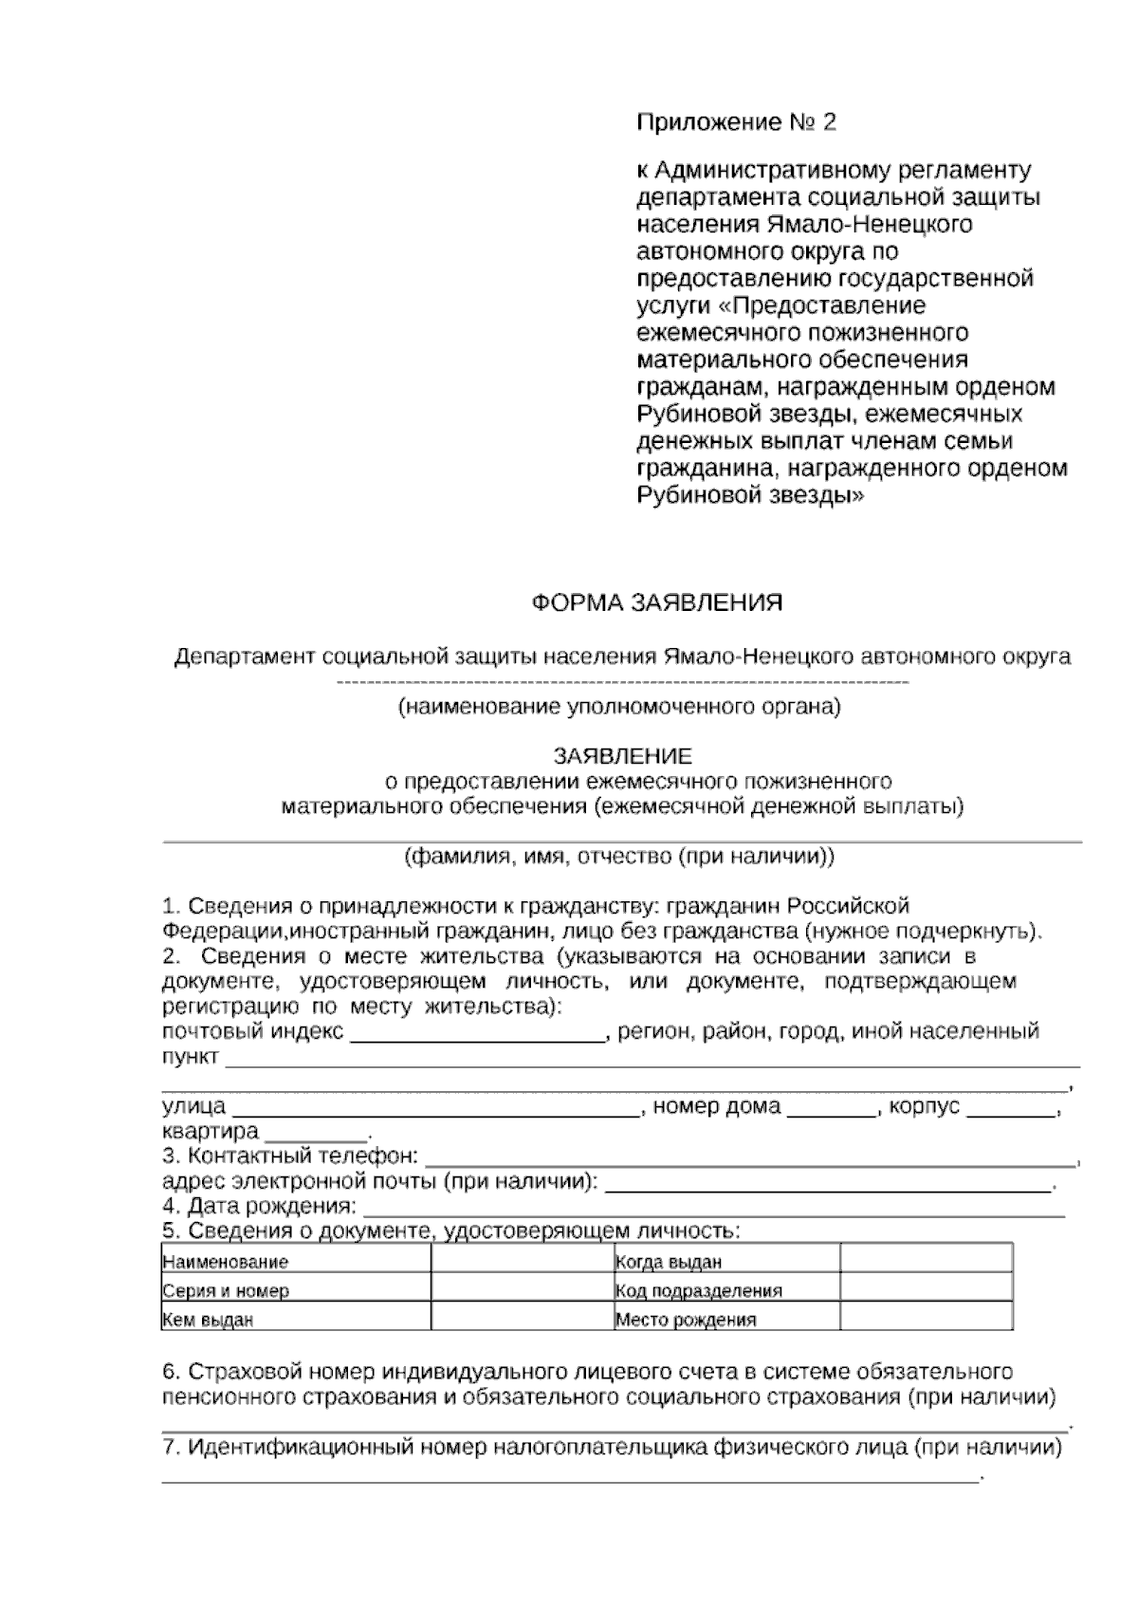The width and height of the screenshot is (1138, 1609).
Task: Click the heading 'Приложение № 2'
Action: (736, 123)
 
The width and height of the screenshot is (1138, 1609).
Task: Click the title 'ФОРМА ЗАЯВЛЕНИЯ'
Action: (656, 603)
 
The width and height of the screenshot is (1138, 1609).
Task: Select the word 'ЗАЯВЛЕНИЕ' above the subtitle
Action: (623, 756)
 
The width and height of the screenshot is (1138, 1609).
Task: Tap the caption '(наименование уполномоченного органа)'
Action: (619, 707)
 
